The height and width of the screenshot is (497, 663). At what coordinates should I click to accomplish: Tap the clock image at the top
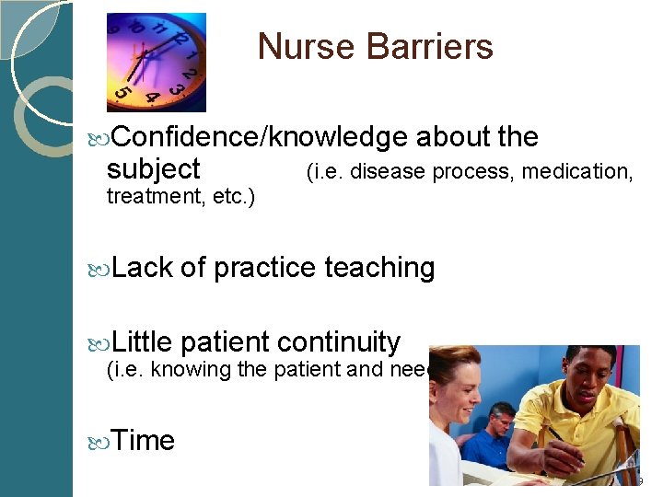[157, 62]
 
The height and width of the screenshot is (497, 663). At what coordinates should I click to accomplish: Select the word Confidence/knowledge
[261, 137]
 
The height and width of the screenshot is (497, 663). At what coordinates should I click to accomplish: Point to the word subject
[153, 169]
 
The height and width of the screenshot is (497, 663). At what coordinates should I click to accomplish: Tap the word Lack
[142, 268]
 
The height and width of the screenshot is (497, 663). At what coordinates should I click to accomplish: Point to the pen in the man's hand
[564, 444]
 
